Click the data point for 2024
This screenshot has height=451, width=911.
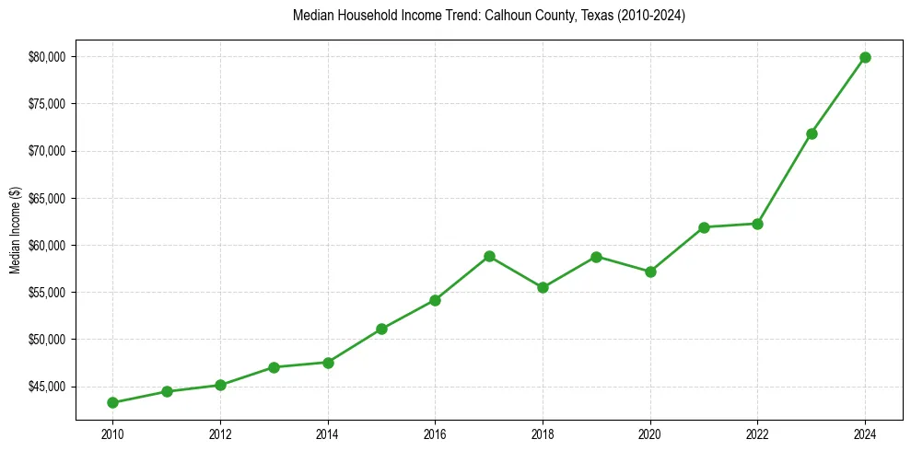[865, 57]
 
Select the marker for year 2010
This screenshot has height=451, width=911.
[112, 402]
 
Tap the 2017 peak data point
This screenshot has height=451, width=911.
[489, 256]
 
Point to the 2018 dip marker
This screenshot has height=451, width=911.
[543, 287]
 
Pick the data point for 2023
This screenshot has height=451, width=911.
[812, 133]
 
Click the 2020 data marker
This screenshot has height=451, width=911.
[650, 272]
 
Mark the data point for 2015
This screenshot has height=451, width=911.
[381, 329]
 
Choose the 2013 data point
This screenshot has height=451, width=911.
[274, 367]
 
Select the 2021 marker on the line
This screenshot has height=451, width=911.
[704, 227]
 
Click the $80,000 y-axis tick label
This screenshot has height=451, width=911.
[47, 57]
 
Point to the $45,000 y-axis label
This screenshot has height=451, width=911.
[47, 387]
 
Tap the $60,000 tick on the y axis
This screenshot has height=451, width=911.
[47, 245]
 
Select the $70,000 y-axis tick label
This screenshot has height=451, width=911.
[47, 151]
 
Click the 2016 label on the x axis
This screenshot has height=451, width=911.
[435, 434]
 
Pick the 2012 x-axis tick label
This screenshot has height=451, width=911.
[220, 434]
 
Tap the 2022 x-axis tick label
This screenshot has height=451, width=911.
[757, 434]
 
